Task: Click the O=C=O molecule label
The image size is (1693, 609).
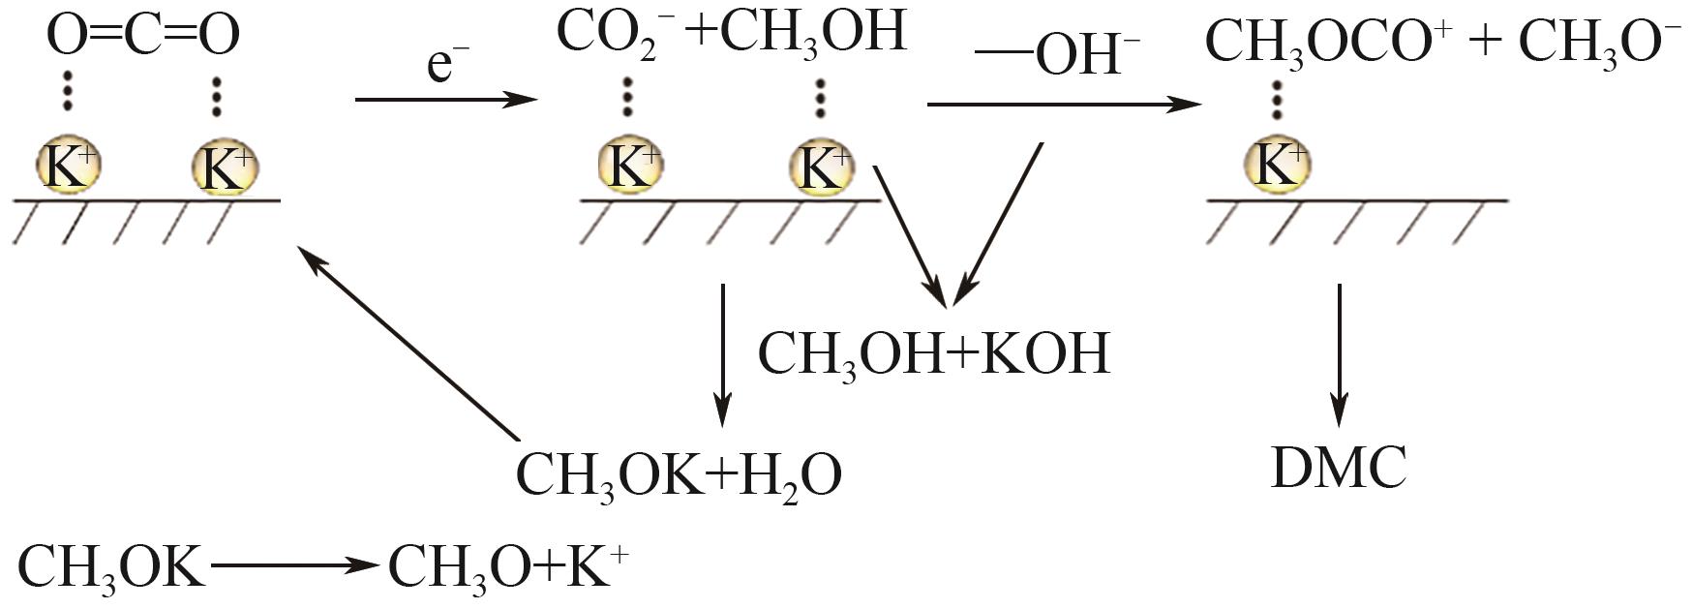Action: coord(143,35)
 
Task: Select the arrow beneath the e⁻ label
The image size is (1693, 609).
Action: coord(445,99)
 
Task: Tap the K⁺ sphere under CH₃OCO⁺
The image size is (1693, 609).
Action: coord(1277,165)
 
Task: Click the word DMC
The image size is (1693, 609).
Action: coord(1339,468)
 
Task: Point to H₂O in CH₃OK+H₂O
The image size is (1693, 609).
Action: coord(790,474)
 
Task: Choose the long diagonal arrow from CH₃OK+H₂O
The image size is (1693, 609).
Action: coord(407,339)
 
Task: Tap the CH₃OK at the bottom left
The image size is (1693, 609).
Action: coord(111,567)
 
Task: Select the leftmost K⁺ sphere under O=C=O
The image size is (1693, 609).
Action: coord(68,165)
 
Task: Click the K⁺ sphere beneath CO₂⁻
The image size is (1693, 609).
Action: coord(629,165)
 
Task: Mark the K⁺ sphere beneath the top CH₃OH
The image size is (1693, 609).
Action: coord(822,165)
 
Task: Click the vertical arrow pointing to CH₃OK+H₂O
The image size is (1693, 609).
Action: coord(722,354)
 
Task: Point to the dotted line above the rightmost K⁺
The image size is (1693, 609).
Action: coord(1277,99)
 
